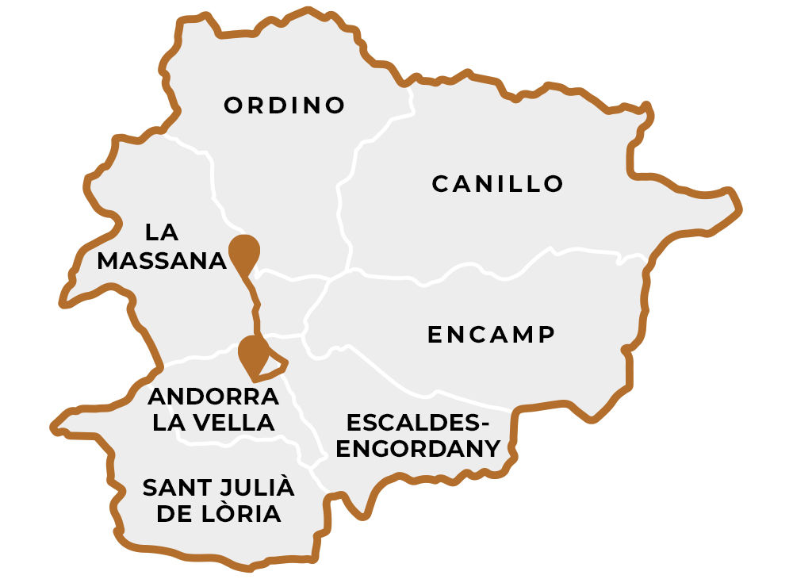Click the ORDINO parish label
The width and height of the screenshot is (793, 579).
tap(285, 105)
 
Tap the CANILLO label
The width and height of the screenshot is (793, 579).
tap(497, 184)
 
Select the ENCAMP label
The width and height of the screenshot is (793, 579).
tap(491, 335)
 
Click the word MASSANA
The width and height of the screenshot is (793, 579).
tap(162, 261)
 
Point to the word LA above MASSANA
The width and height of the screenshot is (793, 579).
tap(162, 232)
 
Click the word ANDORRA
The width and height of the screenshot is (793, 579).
tap(213, 396)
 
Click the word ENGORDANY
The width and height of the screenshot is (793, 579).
tap(419, 449)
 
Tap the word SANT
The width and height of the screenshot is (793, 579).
tap(170, 487)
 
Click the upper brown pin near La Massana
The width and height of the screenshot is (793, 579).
tap(243, 252)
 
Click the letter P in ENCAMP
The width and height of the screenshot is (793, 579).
tap(545, 335)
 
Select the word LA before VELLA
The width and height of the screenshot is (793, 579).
tap(167, 423)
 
